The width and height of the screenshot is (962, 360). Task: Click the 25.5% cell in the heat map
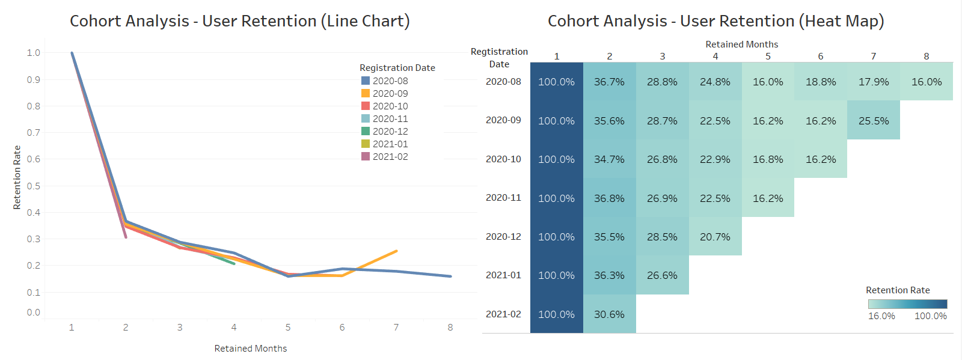click(x=873, y=120)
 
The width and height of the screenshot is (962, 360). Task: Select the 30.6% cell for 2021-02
click(x=609, y=314)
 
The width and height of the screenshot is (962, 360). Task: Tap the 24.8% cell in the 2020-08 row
click(x=715, y=82)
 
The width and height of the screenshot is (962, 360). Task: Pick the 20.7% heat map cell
click(x=715, y=237)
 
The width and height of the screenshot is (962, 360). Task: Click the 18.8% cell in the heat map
click(x=820, y=82)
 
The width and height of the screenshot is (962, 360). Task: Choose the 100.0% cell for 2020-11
click(x=556, y=198)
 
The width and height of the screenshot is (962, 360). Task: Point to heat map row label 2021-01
click(x=503, y=275)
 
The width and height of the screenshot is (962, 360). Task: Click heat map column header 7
click(x=873, y=56)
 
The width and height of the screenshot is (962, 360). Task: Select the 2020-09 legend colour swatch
click(x=366, y=93)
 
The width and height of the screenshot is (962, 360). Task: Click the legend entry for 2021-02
click(x=390, y=157)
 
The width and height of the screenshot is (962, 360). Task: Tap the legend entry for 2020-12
click(x=390, y=132)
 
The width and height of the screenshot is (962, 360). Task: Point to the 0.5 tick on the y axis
click(x=34, y=186)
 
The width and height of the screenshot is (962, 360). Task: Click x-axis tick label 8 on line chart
click(x=450, y=328)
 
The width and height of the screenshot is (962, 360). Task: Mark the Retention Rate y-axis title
click(x=17, y=177)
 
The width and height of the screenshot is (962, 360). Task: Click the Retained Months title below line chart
click(x=250, y=349)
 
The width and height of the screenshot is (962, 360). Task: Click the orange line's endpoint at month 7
click(x=396, y=251)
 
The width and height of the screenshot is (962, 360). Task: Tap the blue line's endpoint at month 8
click(x=450, y=276)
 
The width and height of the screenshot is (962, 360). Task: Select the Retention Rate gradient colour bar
click(x=907, y=304)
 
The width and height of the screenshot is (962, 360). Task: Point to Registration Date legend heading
click(x=397, y=68)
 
